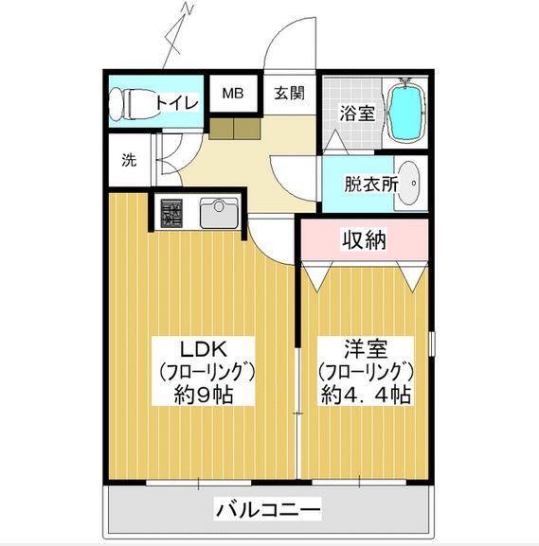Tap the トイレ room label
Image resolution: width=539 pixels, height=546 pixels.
[x=177, y=102]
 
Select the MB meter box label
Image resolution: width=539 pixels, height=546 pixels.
[x=233, y=93]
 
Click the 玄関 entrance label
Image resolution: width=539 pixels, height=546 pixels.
[x=289, y=94]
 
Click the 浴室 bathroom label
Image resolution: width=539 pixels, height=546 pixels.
[x=357, y=114]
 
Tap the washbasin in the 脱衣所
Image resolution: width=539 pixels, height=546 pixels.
[x=408, y=183]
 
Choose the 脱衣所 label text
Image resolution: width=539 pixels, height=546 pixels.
[x=371, y=185]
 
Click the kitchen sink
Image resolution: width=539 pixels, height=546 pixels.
[x=219, y=213]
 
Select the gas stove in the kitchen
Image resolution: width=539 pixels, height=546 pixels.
[x=171, y=212]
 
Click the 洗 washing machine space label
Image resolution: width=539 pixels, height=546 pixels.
[x=129, y=160]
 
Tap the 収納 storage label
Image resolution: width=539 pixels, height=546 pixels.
[x=365, y=239]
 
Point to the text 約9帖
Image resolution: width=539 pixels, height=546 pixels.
[x=204, y=395]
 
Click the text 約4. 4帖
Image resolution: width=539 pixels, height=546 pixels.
[x=366, y=395]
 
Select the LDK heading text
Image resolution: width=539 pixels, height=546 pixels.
[x=204, y=349]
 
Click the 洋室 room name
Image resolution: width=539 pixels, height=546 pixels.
[x=366, y=349]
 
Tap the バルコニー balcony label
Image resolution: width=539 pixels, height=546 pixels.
[x=267, y=510]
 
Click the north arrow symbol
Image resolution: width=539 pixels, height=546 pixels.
[x=178, y=35]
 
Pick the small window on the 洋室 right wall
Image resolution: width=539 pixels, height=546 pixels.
[x=432, y=343]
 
